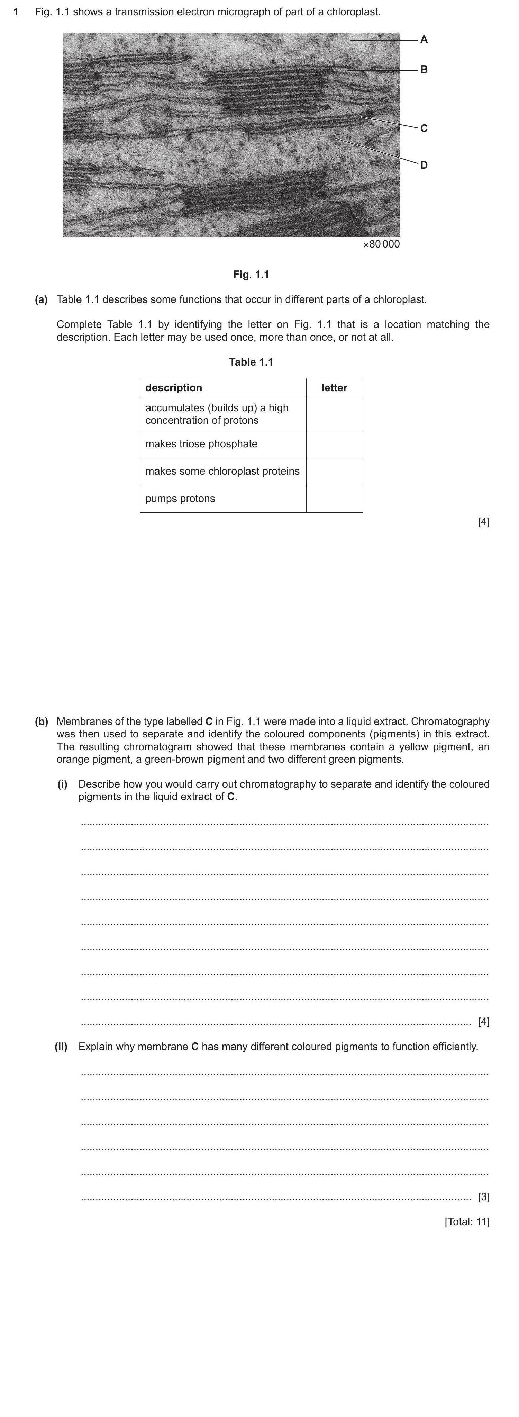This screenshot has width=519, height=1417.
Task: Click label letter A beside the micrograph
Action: click(424, 39)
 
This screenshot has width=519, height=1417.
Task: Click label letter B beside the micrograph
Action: click(424, 70)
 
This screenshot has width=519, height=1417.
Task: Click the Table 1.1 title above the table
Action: click(251, 362)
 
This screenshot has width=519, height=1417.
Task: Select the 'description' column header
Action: click(174, 388)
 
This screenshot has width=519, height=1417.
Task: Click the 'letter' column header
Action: click(334, 388)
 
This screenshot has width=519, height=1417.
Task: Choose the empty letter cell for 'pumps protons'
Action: click(334, 499)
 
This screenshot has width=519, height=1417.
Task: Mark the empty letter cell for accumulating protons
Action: click(334, 414)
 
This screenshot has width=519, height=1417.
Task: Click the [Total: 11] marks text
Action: click(467, 1222)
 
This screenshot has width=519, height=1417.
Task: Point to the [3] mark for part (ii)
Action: click(483, 1197)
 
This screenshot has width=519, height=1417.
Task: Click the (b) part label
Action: click(41, 721)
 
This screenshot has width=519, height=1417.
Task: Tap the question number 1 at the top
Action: click(16, 11)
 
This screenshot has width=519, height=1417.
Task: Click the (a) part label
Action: click(41, 300)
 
